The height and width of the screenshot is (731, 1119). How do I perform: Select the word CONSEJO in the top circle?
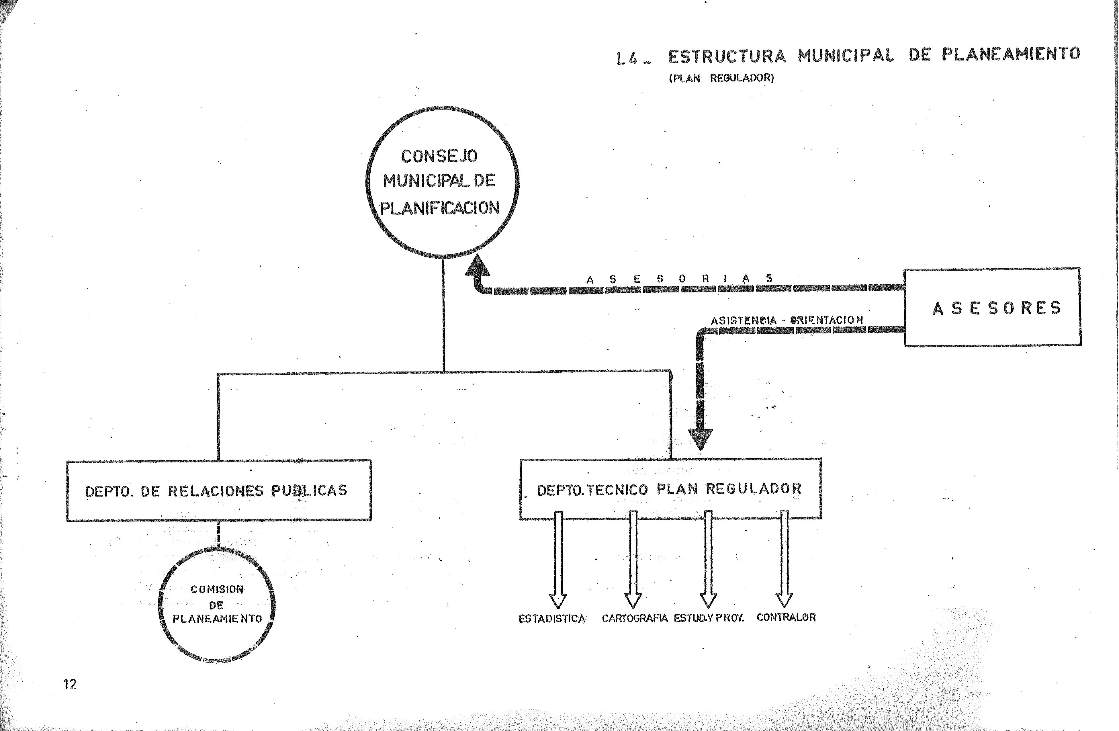[439, 156]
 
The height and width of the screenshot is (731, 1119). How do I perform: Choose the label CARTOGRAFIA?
[634, 618]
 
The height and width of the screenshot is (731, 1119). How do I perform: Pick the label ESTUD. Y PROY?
[709, 618]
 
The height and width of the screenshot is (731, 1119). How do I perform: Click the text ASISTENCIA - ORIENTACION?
[787, 320]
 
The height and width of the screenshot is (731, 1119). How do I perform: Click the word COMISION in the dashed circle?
[217, 589]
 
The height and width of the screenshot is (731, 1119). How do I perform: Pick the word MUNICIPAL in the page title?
[845, 56]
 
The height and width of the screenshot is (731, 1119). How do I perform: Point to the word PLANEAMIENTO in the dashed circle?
[217, 619]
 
